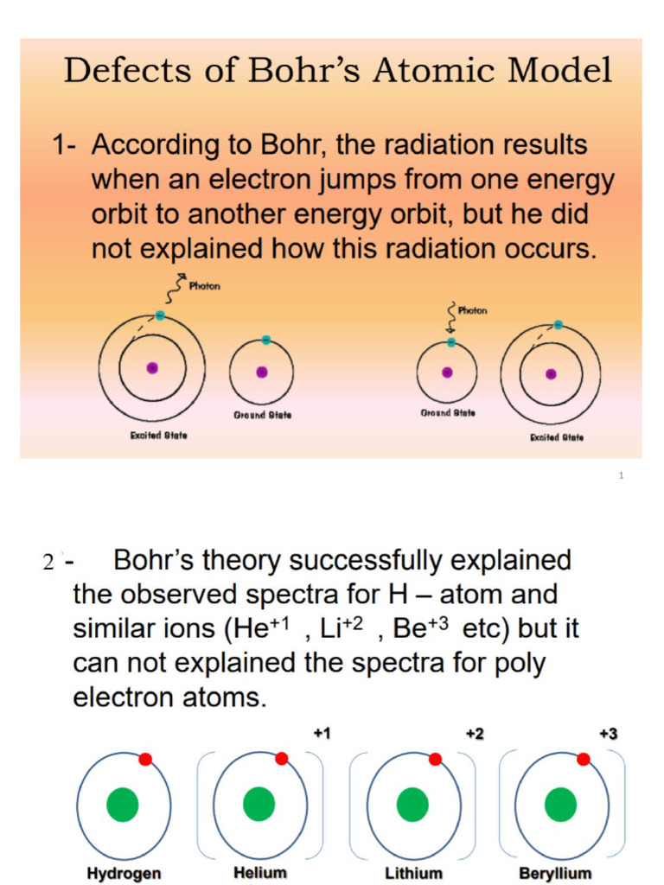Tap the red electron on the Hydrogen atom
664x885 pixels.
tap(145, 759)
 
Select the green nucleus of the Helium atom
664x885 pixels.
tap(259, 805)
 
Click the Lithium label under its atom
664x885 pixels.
tap(413, 873)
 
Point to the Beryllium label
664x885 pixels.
tap(555, 873)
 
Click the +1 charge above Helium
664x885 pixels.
tap(322, 734)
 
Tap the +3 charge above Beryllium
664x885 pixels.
tap(609, 734)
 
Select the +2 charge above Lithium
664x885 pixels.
tap(475, 734)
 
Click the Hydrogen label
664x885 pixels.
tap(124, 873)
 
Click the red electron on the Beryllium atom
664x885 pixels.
tap(584, 759)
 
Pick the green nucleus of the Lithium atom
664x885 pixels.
tap(412, 805)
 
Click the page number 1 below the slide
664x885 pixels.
tap(621, 475)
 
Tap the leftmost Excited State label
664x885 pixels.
tap(158, 435)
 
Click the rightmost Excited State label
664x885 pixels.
tap(557, 437)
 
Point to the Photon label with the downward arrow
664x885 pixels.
tap(473, 311)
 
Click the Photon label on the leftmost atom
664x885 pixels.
tap(204, 286)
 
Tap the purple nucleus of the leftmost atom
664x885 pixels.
tap(152, 367)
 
